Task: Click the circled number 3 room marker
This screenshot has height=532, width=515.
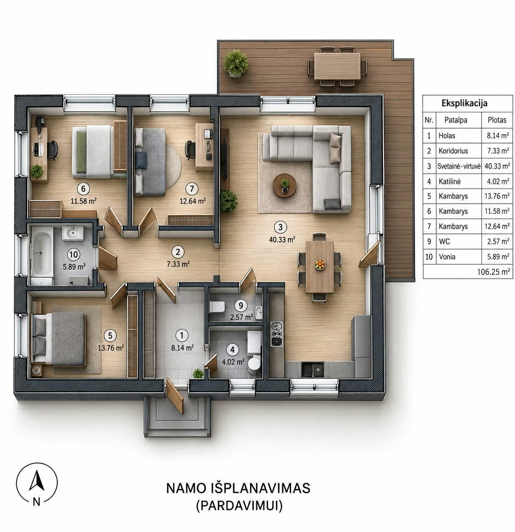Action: [x=280, y=227]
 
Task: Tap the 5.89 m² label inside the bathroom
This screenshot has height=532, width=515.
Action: [x=74, y=266]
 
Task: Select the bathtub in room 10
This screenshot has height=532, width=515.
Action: [x=42, y=255]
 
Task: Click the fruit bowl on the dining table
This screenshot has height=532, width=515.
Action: [x=320, y=264]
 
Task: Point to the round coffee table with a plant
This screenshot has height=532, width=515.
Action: [x=285, y=185]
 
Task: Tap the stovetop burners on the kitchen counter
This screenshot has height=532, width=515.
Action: [x=276, y=334]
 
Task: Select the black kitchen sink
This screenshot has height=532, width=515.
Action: [x=313, y=369]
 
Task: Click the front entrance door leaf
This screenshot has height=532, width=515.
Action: [x=174, y=395]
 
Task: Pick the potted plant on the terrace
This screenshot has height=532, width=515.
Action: [x=236, y=63]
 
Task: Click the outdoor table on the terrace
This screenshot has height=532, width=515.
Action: [x=337, y=66]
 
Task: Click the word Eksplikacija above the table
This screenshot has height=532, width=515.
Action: [x=465, y=103]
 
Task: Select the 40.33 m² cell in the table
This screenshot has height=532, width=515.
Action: [x=497, y=166]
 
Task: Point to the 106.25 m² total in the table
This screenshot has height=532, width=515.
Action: [x=494, y=272]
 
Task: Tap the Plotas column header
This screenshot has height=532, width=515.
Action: [x=497, y=120]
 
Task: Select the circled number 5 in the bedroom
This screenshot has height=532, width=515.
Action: [x=110, y=335]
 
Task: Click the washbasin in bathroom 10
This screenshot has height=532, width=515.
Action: [x=73, y=233]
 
